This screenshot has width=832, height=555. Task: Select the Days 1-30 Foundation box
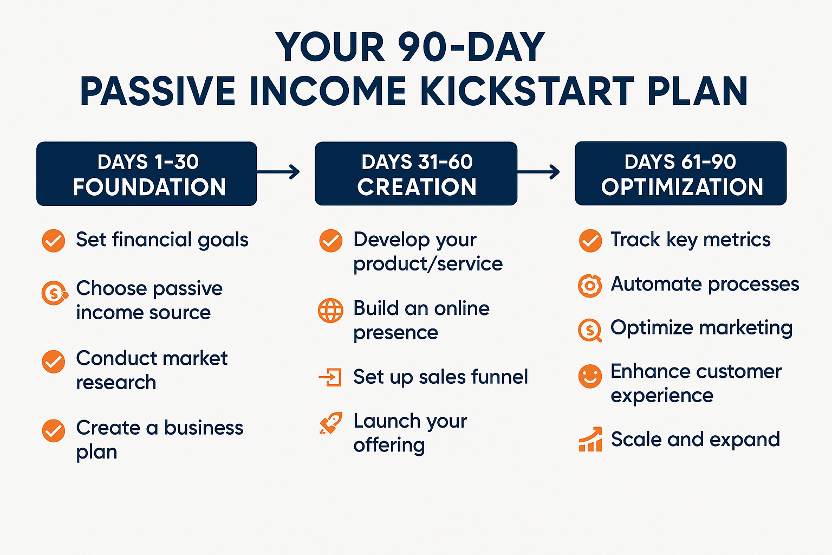(147, 173)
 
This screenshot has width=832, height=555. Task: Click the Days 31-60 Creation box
(416, 173)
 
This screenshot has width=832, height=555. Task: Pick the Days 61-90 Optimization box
(680, 173)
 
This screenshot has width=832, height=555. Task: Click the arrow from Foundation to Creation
(278, 172)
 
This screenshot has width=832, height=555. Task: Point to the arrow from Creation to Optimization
(538, 172)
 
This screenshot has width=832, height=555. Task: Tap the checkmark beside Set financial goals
(54, 241)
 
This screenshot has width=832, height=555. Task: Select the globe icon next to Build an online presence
(330, 311)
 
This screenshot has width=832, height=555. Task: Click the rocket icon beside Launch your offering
(330, 423)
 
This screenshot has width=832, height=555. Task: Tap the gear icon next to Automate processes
(590, 286)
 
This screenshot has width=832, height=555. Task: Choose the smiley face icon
(590, 376)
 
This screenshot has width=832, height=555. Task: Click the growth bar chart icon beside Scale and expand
(590, 439)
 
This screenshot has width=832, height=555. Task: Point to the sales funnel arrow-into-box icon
(330, 377)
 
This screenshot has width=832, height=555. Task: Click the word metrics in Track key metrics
(737, 240)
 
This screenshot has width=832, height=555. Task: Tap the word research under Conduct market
(116, 383)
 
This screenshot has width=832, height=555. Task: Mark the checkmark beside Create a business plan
(54, 431)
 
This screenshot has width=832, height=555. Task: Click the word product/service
(428, 264)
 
